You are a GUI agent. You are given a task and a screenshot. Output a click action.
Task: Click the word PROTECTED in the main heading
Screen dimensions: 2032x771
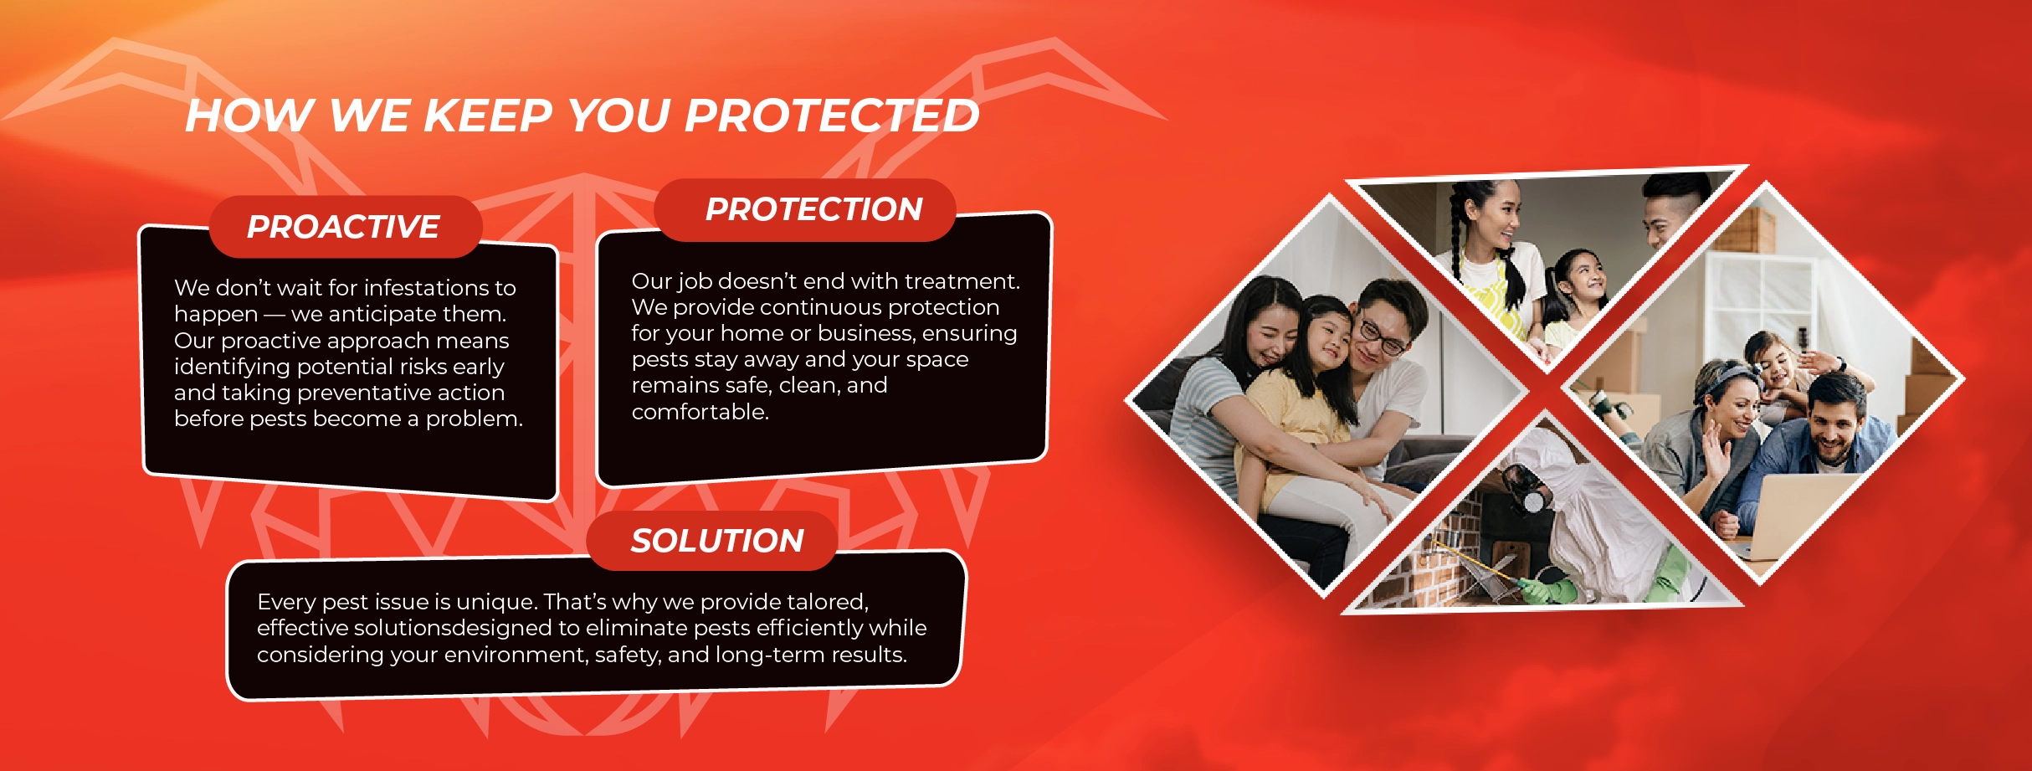(x=832, y=115)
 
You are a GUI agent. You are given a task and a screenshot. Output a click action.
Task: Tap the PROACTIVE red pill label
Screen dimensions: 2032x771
(x=345, y=227)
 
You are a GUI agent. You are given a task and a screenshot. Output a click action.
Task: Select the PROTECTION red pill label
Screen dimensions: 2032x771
(x=805, y=209)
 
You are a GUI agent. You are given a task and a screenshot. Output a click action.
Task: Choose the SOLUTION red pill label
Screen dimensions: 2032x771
(x=712, y=541)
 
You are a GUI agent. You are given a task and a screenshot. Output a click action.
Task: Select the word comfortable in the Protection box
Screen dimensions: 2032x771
(x=700, y=412)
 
